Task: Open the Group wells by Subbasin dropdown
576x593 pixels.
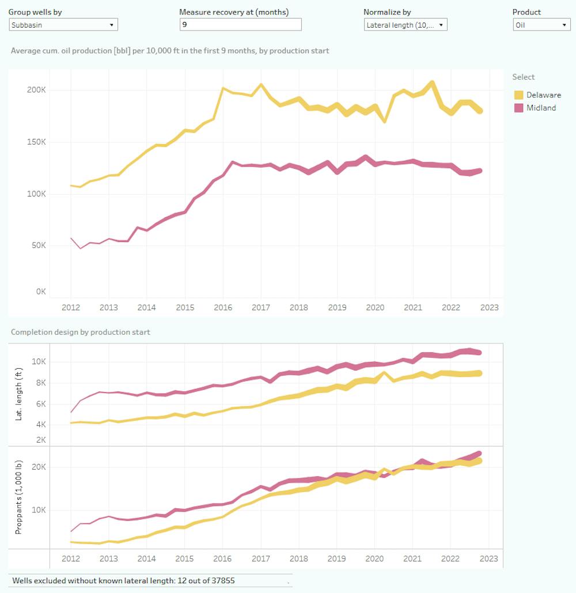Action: [63, 25]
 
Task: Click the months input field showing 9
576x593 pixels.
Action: [240, 25]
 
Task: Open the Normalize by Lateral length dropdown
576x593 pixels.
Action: [406, 25]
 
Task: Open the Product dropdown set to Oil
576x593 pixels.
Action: [541, 25]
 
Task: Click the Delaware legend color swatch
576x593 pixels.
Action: [518, 95]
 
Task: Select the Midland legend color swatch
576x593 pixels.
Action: [518, 108]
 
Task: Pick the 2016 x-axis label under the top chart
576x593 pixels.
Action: [223, 308]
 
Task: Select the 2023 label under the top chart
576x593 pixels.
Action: [489, 308]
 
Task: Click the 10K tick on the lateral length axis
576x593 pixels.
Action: [39, 362]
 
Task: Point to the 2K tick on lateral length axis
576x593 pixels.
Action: [40, 440]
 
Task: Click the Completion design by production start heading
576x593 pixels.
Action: [80, 333]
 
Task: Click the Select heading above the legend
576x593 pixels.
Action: [524, 77]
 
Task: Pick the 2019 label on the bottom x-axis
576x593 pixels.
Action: [336, 558]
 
